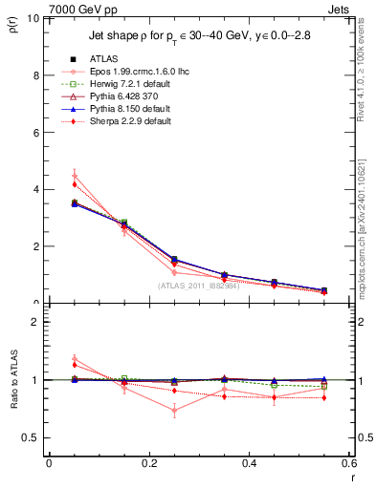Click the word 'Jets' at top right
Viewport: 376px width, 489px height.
338,8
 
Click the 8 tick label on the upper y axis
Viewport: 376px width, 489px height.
36,75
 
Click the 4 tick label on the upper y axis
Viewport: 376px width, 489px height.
36,189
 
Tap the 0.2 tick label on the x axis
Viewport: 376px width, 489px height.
148,463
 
